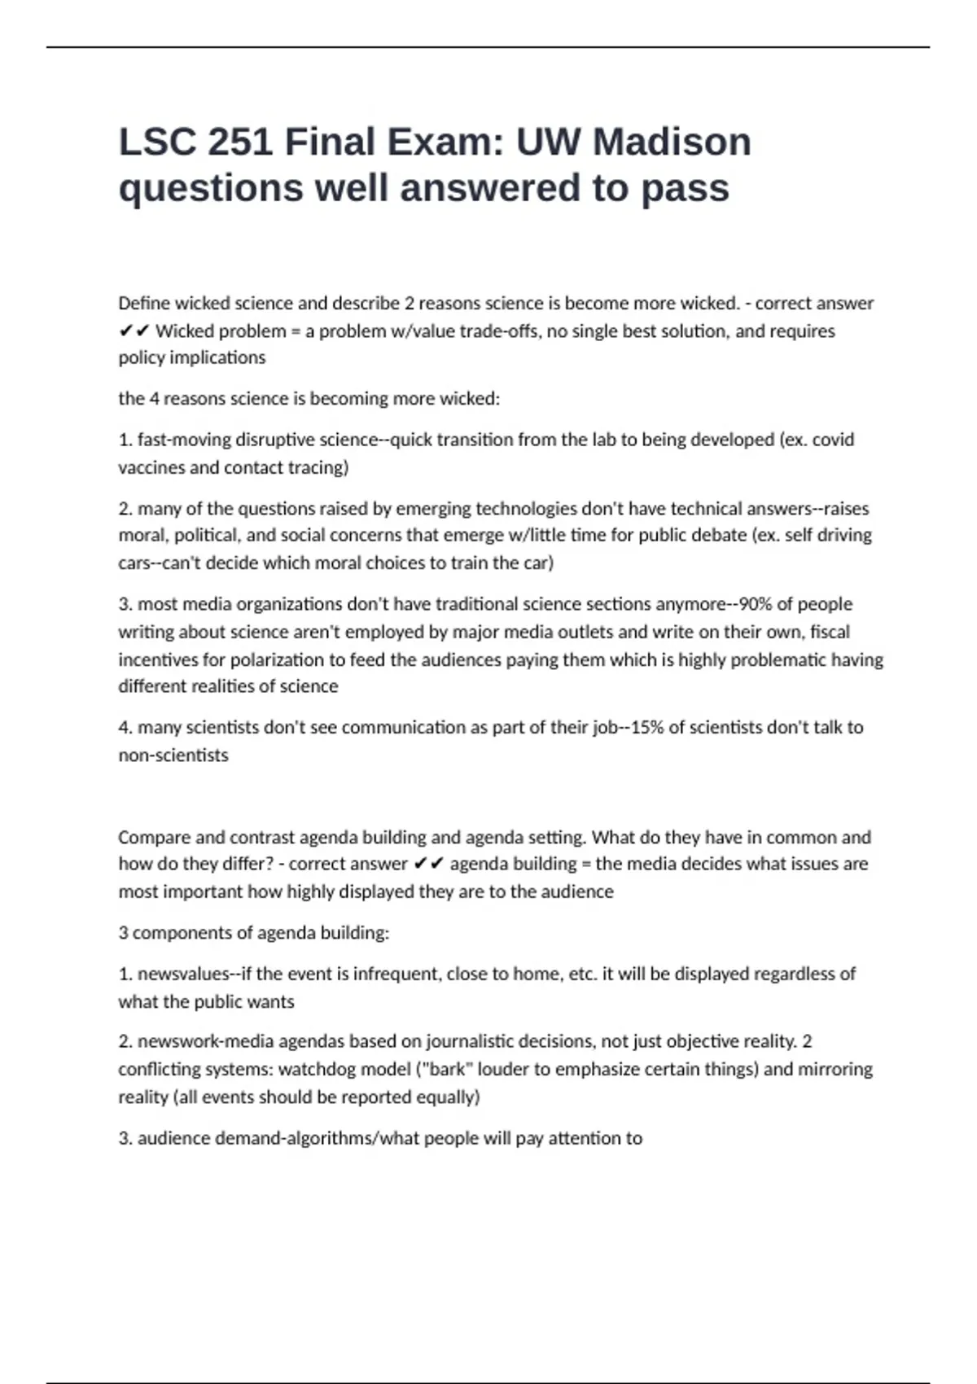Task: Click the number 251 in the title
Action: pyautogui.click(x=240, y=142)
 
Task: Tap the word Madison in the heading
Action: pyautogui.click(x=672, y=142)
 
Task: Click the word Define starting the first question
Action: pyautogui.click(x=144, y=304)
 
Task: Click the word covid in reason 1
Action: pyautogui.click(x=833, y=440)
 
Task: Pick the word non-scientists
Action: pyautogui.click(x=173, y=755)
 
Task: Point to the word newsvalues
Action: pyautogui.click(x=183, y=974)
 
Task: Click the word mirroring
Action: pyautogui.click(x=835, y=1069)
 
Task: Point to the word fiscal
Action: pyautogui.click(x=830, y=632)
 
